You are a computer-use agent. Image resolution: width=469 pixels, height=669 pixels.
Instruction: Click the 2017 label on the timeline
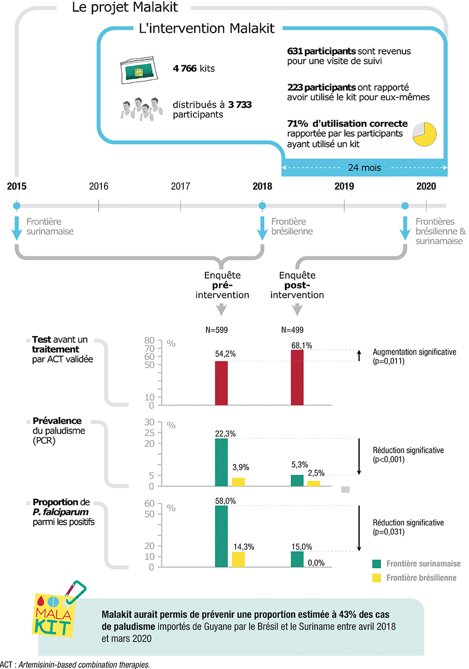[180, 186]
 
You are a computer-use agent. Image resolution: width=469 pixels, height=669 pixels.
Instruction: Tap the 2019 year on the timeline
[344, 186]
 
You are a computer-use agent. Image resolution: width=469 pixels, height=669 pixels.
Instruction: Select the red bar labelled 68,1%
[297, 377]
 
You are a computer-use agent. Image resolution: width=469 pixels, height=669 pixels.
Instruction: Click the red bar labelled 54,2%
[221, 383]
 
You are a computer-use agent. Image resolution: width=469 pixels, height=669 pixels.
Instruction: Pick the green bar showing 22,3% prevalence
[221, 462]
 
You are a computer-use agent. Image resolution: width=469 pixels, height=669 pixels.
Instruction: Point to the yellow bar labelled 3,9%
[239, 482]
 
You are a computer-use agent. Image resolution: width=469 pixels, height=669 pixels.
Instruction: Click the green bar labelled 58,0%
[221, 536]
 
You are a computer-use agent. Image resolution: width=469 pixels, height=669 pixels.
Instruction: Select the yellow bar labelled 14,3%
[239, 559]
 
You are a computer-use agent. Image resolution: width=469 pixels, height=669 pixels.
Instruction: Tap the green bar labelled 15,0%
[297, 559]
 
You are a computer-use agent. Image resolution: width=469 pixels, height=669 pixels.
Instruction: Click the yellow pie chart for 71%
[424, 134]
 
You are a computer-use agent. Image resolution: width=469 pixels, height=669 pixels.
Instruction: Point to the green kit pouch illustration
[139, 70]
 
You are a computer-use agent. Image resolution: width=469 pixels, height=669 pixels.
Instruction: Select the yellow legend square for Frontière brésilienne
[377, 578]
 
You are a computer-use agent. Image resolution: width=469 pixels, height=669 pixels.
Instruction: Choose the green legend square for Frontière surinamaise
[377, 564]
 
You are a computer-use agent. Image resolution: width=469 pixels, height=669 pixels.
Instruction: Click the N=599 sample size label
[216, 330]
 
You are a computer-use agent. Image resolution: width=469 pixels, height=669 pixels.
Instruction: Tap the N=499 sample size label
[292, 330]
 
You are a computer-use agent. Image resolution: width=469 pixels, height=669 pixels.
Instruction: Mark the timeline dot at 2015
[17, 206]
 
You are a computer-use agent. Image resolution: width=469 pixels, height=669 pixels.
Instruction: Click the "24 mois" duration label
[365, 168]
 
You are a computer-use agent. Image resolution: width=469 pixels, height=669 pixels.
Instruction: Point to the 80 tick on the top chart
[150, 340]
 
